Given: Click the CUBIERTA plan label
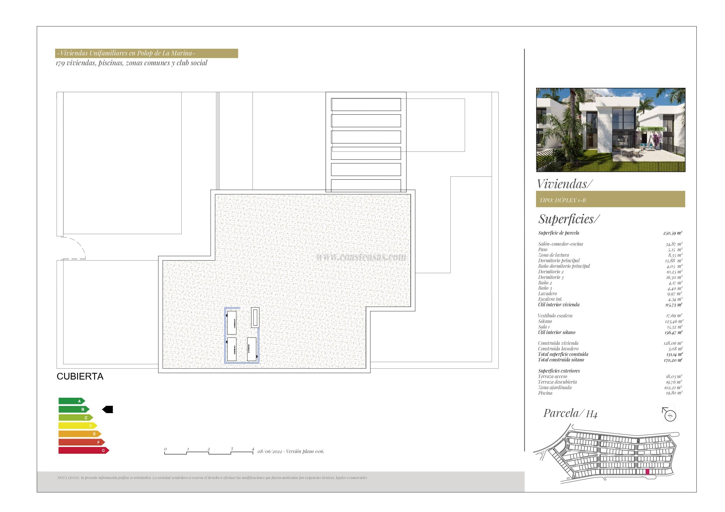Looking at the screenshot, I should point(80,376).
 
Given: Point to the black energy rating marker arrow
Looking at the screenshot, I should point(107,410).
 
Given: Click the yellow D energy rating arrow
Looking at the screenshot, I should point(78,426).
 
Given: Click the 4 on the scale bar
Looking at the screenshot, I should point(253,449).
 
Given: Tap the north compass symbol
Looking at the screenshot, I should point(670,415).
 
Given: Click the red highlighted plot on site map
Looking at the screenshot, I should point(647,480).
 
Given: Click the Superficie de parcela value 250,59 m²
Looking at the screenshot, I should point(673,233).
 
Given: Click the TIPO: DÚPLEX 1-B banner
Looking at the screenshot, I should point(610,199).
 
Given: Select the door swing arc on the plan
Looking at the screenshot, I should point(79,246).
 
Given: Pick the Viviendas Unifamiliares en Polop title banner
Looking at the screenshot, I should point(147,53).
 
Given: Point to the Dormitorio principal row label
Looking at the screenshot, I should point(559,261).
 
